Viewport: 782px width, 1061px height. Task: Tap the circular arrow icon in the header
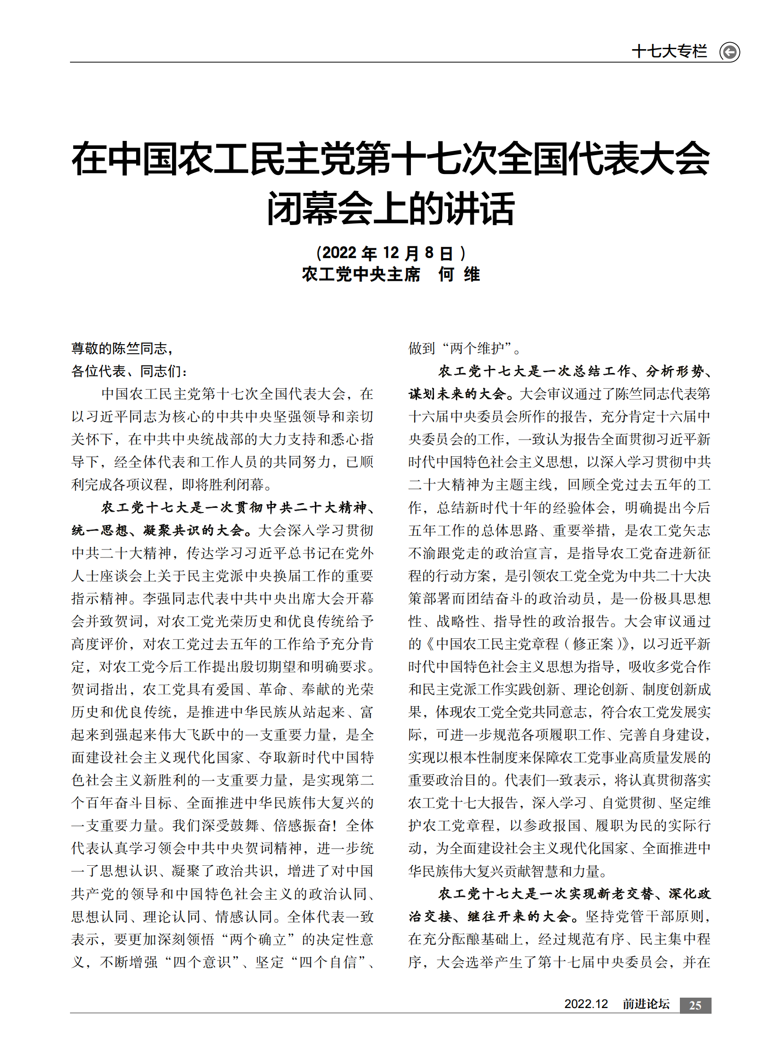tap(730, 52)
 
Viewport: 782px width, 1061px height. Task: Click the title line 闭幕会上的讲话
tap(391, 209)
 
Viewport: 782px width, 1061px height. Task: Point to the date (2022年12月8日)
tap(391, 253)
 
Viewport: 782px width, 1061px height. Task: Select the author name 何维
tap(459, 274)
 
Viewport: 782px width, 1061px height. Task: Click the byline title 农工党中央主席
tap(361, 274)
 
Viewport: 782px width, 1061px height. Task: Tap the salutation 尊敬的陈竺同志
tap(122, 349)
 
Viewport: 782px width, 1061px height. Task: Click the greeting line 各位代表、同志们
tap(129, 371)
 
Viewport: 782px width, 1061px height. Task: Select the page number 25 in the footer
tap(695, 1005)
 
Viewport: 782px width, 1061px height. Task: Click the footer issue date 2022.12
tap(585, 1004)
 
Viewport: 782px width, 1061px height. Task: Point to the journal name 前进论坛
tap(646, 1004)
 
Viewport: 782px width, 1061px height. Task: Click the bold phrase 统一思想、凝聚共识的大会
tap(161, 531)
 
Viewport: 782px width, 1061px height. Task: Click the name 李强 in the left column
tap(156, 599)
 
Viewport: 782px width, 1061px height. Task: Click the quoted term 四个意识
tap(203, 963)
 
